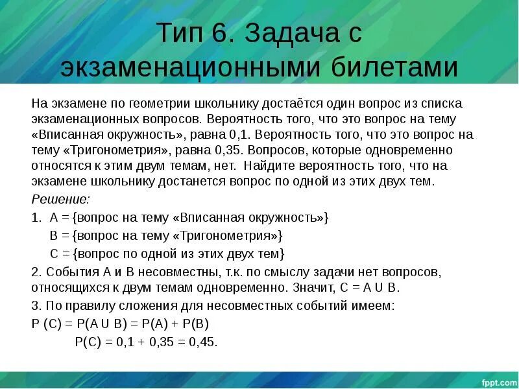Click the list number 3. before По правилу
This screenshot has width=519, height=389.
(x=36, y=305)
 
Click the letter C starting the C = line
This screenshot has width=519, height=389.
(x=54, y=253)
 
